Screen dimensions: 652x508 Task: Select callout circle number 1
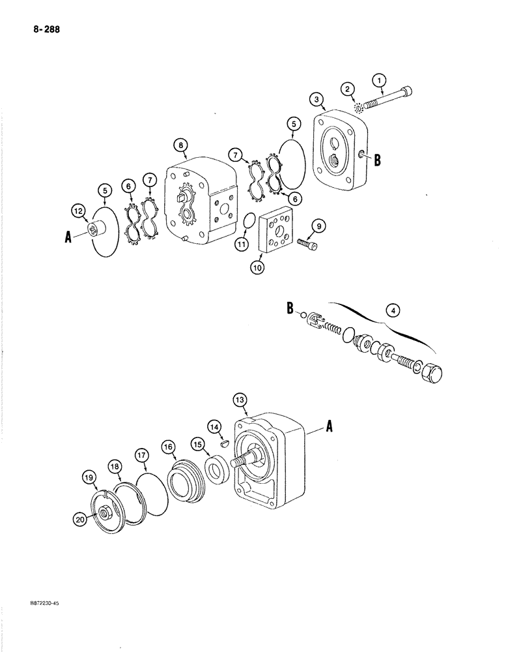pos(379,81)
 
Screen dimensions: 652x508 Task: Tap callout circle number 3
pos(316,99)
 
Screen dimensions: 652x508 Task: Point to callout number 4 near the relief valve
pos(391,310)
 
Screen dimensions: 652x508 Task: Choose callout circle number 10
pos(259,268)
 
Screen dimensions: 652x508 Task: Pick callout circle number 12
pos(78,210)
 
